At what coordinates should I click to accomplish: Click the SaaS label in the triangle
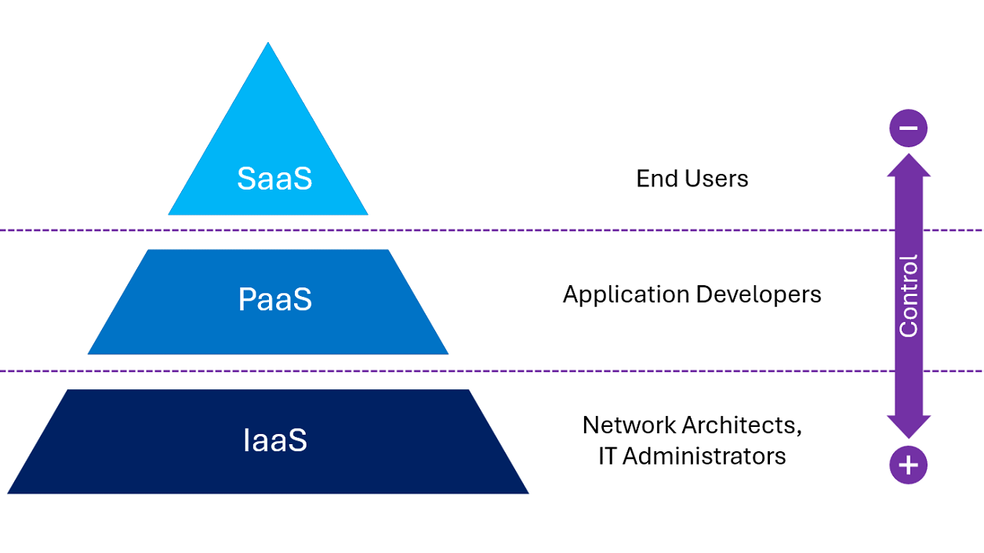point(274,179)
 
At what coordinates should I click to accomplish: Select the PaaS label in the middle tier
point(275,299)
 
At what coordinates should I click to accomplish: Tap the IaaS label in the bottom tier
point(275,439)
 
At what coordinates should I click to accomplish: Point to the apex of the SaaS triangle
point(268,42)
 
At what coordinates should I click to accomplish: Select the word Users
point(717,179)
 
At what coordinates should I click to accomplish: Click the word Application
point(626,295)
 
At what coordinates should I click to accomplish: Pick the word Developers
point(759,295)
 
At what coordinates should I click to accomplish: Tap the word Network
point(629,425)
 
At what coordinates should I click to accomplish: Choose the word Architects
point(739,425)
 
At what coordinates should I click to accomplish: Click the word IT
point(607,456)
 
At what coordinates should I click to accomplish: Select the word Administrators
point(704,456)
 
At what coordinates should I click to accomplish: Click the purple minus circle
point(909,128)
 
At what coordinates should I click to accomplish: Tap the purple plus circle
point(909,465)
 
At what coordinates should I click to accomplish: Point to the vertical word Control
point(909,296)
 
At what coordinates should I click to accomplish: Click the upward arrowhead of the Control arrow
point(909,165)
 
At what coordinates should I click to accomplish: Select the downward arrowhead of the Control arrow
point(909,427)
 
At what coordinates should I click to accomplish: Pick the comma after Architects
point(799,434)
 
